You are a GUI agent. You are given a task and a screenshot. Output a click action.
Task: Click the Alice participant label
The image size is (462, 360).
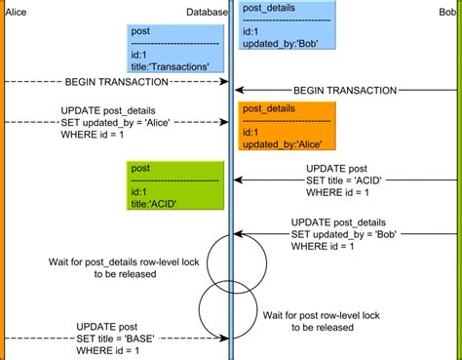click(x=17, y=12)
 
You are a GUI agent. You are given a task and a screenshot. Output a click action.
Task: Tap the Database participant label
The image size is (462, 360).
click(x=207, y=12)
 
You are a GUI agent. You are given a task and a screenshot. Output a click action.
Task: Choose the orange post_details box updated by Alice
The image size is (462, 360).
click(x=284, y=126)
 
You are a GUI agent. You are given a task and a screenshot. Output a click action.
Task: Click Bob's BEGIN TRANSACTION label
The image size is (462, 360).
click(x=345, y=90)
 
